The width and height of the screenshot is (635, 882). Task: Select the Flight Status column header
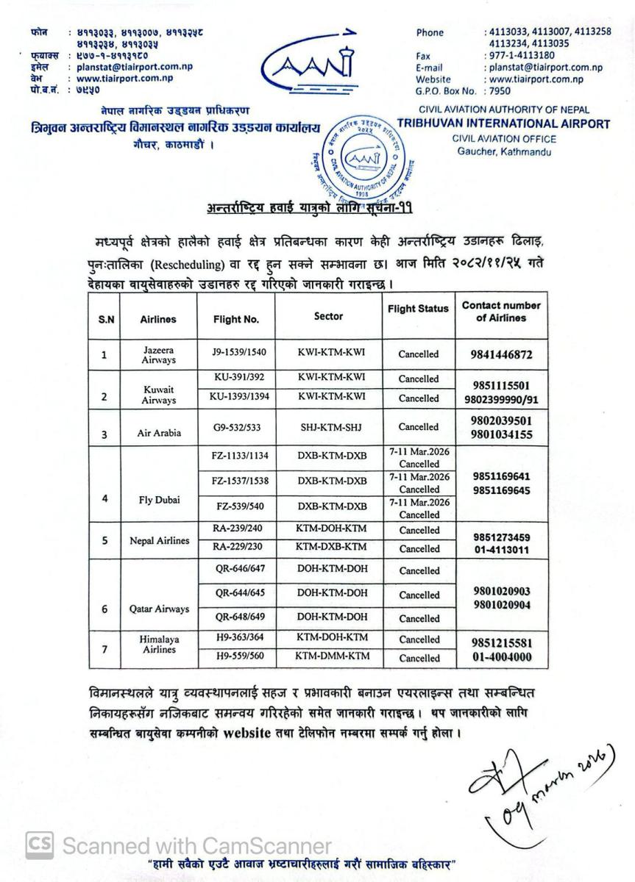tap(418, 309)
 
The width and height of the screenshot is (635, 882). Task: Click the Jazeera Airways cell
tap(159, 354)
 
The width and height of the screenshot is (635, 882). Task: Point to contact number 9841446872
tap(501, 355)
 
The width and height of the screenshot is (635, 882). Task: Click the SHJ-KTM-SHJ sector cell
tap(331, 427)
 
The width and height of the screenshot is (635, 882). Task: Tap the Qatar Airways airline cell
tap(160, 609)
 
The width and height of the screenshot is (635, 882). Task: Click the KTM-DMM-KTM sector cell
tap(331, 656)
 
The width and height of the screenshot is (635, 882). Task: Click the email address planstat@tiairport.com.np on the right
tap(545, 68)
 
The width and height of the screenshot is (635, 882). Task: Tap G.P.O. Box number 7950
tap(500, 91)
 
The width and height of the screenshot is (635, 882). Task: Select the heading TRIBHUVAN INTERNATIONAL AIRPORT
tap(505, 123)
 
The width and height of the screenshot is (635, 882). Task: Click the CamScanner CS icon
tap(40, 845)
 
